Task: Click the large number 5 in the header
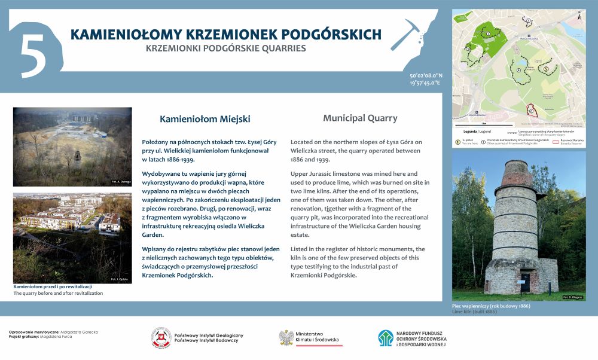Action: click(x=35, y=54)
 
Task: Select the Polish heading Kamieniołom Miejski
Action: click(x=205, y=119)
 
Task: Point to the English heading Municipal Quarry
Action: click(x=360, y=118)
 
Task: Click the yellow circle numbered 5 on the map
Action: click(x=546, y=69)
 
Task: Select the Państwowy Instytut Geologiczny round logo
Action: click(x=160, y=338)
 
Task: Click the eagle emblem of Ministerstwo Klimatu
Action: click(x=286, y=338)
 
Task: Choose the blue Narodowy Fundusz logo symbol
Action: click(x=385, y=338)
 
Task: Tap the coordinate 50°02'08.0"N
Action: click(x=426, y=76)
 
